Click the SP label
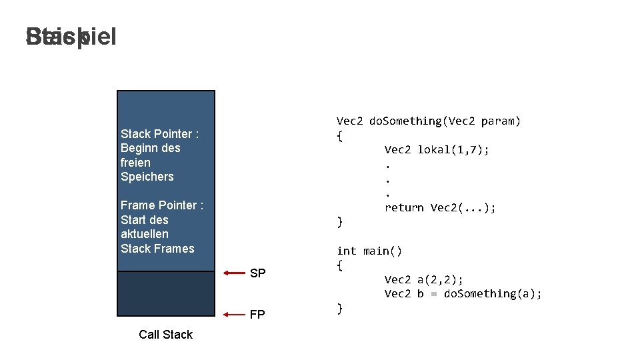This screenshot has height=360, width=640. click(x=257, y=273)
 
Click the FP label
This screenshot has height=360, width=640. click(x=257, y=315)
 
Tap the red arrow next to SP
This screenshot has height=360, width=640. click(x=235, y=273)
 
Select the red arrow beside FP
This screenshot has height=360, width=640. click(x=235, y=314)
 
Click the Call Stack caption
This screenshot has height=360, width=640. click(x=165, y=335)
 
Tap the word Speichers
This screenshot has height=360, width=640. click(x=147, y=177)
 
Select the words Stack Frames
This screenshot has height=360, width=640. click(x=157, y=249)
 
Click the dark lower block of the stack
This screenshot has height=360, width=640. click(x=166, y=293)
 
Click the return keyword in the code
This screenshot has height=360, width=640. click(x=404, y=207)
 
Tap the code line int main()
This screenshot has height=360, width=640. click(x=369, y=251)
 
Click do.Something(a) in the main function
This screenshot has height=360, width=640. click(x=493, y=293)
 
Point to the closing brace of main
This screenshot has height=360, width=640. click(x=340, y=308)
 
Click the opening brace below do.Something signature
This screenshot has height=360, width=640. click(x=340, y=135)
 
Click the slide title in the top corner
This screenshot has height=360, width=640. click(x=71, y=37)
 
